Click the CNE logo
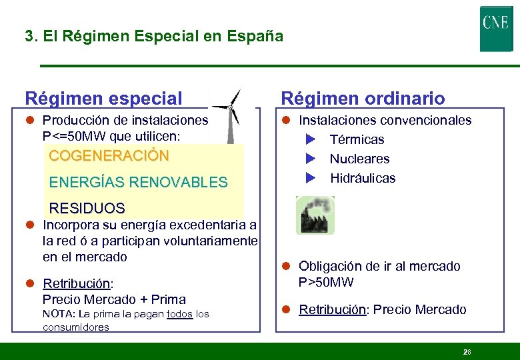point(496,29)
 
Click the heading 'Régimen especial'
point(103,99)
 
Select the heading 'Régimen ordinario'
point(363,99)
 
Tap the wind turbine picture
point(230,117)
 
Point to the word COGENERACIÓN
point(109,155)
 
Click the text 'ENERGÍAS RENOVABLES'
point(139,182)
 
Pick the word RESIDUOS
point(87,208)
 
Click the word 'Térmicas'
point(357,139)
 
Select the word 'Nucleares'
point(359,159)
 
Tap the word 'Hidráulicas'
point(363,178)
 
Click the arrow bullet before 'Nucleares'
point(310,159)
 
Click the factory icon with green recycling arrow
point(315,215)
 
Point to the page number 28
point(466,351)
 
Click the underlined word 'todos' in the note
point(180,314)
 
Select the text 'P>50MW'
point(326,282)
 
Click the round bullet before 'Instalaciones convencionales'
point(285,121)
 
